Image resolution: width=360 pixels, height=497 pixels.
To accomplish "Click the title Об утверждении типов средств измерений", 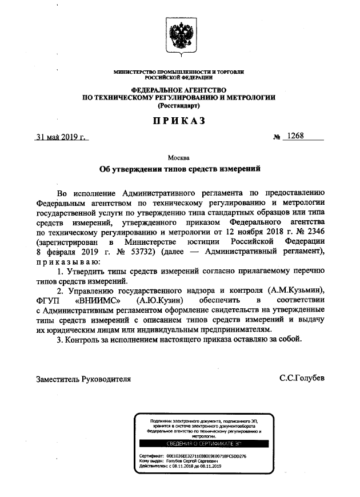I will tap(179, 169).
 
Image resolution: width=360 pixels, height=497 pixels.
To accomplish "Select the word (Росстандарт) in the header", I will tap(179, 105).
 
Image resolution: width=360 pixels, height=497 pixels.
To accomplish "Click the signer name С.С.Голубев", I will tap(302, 378).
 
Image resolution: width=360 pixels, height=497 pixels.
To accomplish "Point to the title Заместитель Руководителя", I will tap(83, 378).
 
